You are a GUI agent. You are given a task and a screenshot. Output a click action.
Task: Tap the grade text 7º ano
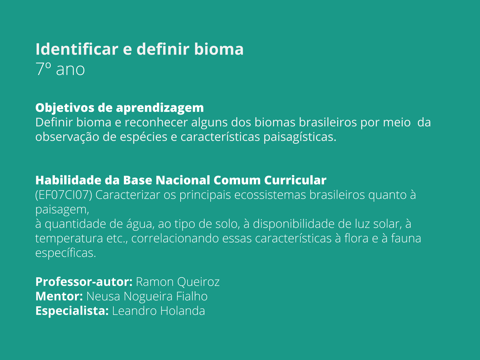pyautogui.click(x=60, y=69)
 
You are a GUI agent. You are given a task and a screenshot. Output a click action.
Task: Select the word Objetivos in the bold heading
pyautogui.click(x=64, y=108)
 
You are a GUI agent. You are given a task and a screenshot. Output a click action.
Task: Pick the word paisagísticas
pyautogui.click(x=300, y=137)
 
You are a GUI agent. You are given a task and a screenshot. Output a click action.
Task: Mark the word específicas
pyautogui.click(x=66, y=253)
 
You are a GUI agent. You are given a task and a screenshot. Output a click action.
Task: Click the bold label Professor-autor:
pyautogui.click(x=84, y=282)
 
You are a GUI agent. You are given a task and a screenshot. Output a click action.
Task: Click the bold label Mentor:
pyautogui.click(x=59, y=296)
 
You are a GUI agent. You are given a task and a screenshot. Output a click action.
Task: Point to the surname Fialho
pyautogui.click(x=192, y=296)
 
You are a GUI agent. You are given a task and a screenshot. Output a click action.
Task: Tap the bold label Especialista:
pyautogui.click(x=72, y=310)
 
